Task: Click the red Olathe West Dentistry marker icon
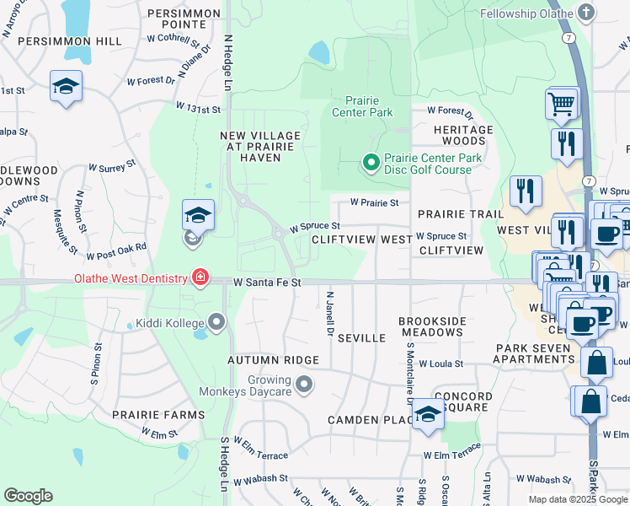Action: [x=200, y=277]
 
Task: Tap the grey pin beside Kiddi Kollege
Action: [x=217, y=323]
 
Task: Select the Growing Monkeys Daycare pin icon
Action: [x=304, y=385]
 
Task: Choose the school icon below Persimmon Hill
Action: [x=66, y=87]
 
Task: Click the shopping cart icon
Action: [x=561, y=105]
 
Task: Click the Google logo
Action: [x=28, y=496]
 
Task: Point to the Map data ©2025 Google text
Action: [x=577, y=499]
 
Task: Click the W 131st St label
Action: [x=198, y=109]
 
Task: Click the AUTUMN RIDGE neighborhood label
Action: [x=273, y=360]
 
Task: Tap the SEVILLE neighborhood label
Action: [x=361, y=337]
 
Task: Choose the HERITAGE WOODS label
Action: [x=463, y=135]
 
